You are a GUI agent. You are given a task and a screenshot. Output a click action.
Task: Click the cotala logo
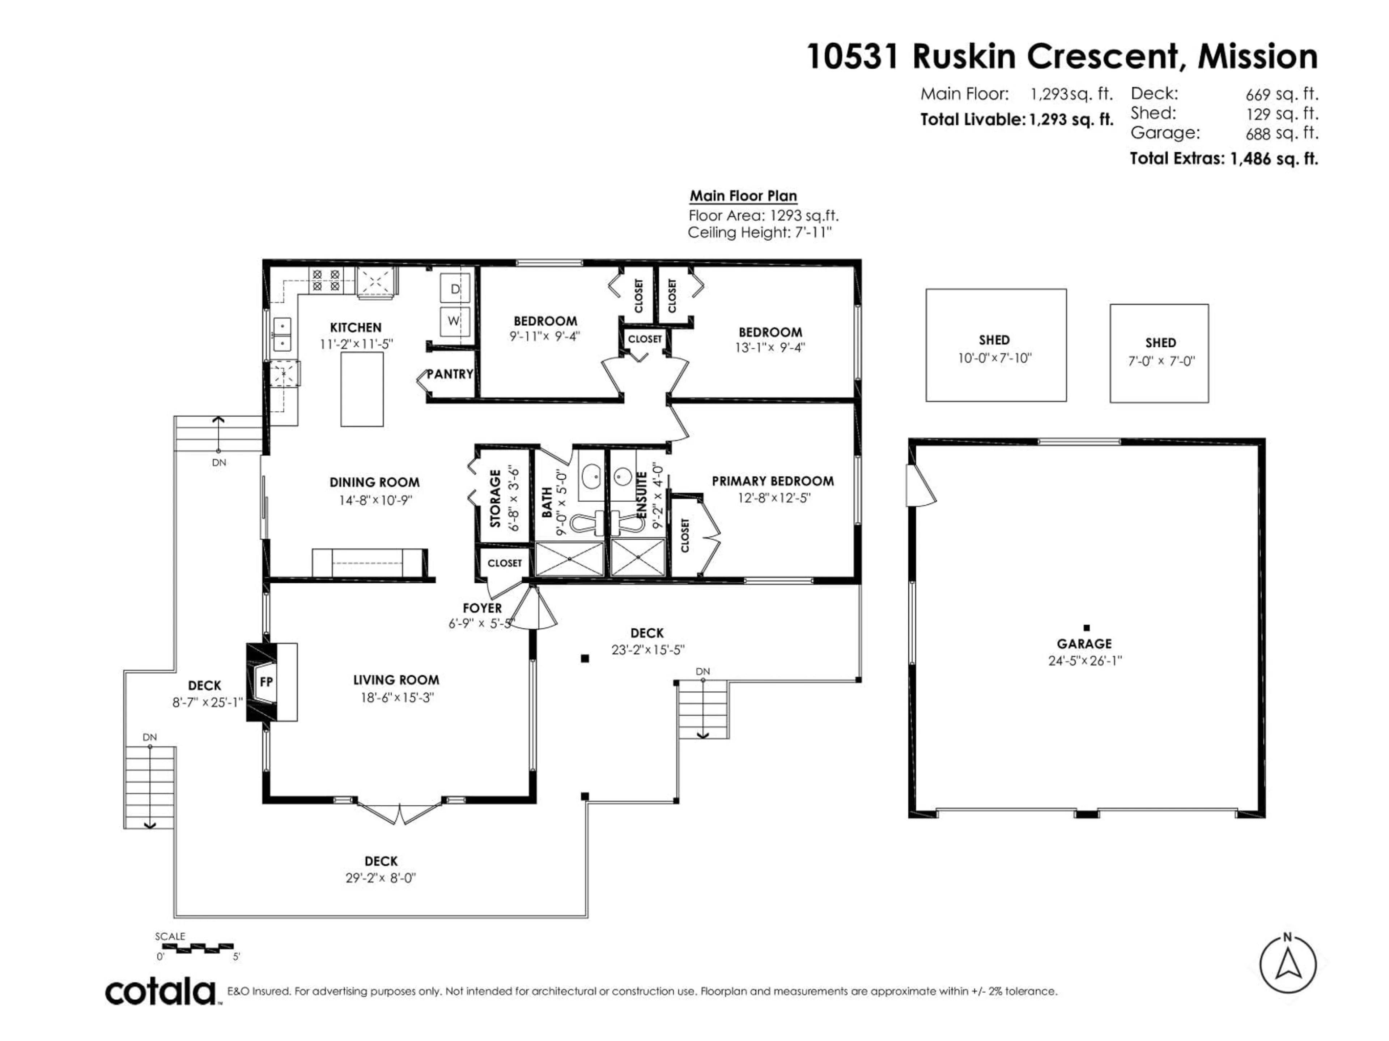click(161, 993)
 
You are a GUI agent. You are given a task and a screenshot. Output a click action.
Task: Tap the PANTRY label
click(450, 374)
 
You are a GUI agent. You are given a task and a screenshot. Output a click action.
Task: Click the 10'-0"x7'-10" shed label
click(995, 358)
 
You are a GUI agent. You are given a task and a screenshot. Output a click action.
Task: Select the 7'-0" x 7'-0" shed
click(1159, 353)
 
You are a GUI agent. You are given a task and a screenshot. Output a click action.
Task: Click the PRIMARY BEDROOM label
click(772, 481)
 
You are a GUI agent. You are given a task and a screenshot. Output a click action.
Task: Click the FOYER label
click(482, 608)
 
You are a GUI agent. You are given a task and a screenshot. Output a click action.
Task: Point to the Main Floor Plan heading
click(743, 196)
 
